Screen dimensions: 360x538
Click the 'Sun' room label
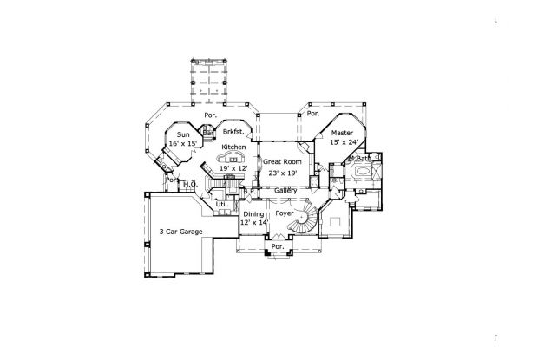tap(182, 135)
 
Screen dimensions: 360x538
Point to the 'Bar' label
tap(209, 133)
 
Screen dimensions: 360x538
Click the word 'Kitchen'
tap(233, 148)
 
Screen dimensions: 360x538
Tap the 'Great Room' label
tap(282, 162)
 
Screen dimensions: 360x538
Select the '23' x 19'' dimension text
tap(282, 173)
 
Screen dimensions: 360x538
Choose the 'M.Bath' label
tap(359, 160)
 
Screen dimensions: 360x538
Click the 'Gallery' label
tap(286, 191)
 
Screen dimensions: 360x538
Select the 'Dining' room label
tap(253, 213)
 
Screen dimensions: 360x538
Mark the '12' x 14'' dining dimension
tap(253, 223)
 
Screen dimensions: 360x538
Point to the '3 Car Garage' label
tap(180, 232)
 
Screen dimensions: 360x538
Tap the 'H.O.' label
tap(189, 184)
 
